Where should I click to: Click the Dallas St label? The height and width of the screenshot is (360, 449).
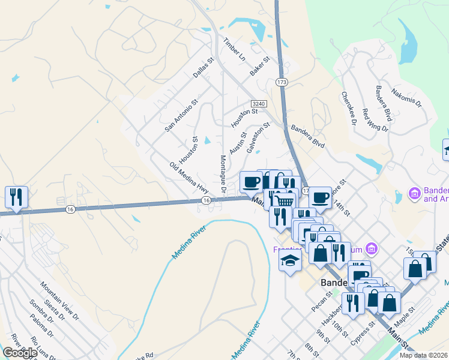pos(203,68)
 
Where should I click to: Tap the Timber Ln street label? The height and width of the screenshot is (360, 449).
pos(235,49)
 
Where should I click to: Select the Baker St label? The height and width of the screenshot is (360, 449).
pos(261,66)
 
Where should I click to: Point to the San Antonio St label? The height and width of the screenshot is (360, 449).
pos(182,116)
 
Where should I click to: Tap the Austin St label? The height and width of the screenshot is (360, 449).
pos(238,143)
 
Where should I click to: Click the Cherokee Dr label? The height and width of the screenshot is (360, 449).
pos(349,108)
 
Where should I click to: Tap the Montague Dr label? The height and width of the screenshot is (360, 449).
pos(223,174)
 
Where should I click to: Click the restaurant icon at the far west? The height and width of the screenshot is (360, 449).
pos(16,197)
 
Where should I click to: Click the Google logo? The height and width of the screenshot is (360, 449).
pos(20,353)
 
